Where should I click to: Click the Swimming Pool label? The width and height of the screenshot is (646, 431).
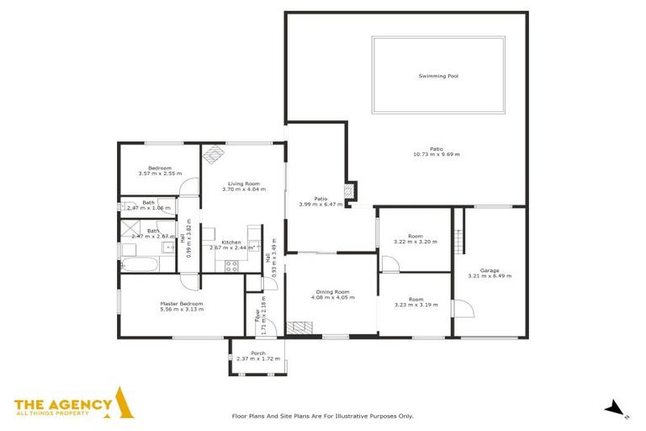point(437,77)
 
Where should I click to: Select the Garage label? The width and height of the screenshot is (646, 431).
point(490,271)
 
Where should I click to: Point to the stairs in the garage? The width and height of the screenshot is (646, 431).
point(458,231)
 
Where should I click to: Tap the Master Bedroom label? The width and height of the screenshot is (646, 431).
point(182,304)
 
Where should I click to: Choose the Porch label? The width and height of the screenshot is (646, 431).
point(258,353)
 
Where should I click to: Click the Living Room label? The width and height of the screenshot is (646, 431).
point(243,184)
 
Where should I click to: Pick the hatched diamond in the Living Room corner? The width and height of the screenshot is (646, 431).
point(213,153)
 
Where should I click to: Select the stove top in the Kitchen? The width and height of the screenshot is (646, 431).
point(232,265)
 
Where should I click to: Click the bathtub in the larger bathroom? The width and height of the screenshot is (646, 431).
point(139,265)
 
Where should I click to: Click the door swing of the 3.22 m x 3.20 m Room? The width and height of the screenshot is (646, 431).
point(389,263)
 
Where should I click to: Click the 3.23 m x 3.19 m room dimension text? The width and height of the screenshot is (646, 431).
point(416,305)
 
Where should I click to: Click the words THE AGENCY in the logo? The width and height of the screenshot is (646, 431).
point(63,405)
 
